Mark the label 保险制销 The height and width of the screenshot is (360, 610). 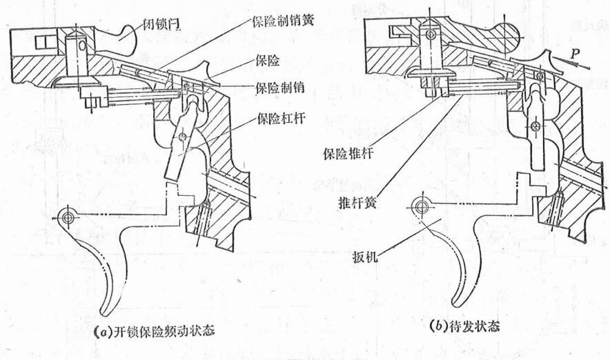click(275, 88)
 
